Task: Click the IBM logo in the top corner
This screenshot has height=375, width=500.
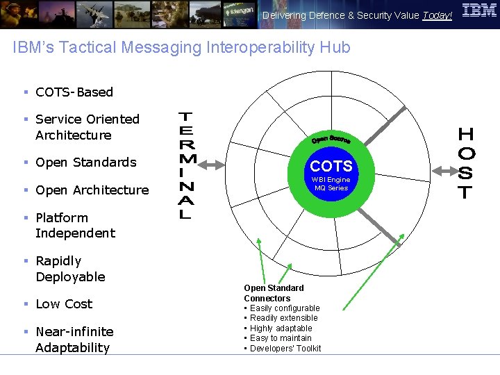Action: click(x=479, y=11)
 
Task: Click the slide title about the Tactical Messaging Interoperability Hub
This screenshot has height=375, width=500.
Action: click(x=182, y=47)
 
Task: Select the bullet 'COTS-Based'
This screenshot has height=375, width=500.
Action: click(x=74, y=92)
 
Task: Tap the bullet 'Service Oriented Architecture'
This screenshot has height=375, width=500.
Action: click(x=87, y=127)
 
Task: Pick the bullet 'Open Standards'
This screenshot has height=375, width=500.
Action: click(x=85, y=162)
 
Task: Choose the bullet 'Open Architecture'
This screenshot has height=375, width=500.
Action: click(x=92, y=190)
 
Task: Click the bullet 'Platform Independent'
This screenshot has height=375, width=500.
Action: click(x=75, y=225)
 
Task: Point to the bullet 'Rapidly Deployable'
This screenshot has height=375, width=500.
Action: click(x=69, y=269)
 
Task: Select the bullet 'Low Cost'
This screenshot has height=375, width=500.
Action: click(x=63, y=303)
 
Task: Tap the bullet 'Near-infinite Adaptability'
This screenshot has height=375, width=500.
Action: click(x=74, y=339)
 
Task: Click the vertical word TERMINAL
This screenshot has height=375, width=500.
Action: click(x=187, y=165)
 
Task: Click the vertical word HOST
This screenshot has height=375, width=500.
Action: click(x=467, y=163)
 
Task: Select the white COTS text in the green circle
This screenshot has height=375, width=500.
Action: click(x=331, y=166)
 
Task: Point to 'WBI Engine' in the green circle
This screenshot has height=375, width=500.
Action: click(x=331, y=180)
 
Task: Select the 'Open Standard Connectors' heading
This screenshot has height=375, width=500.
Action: click(x=274, y=293)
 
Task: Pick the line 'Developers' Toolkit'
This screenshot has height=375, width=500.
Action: click(x=285, y=348)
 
